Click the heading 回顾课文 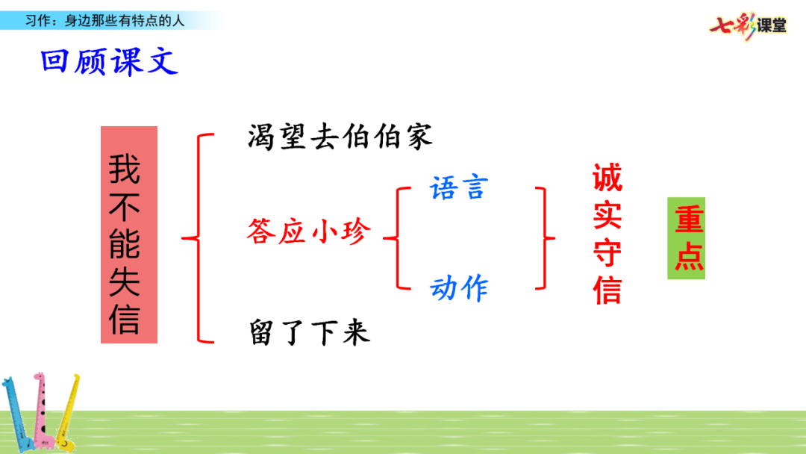(110, 61)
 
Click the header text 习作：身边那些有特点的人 (104, 21)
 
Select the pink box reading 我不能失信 (129, 234)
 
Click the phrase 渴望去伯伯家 (340, 137)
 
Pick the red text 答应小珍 (308, 233)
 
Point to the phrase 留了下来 (308, 332)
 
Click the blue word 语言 (458, 187)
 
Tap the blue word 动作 (458, 287)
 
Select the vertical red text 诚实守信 (607, 235)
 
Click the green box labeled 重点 (687, 239)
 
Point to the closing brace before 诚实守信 (546, 238)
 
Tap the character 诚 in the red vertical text (607, 179)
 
